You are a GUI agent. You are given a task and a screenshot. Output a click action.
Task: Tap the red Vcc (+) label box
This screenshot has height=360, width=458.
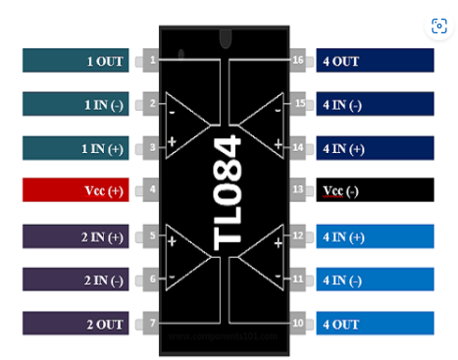click(82, 189)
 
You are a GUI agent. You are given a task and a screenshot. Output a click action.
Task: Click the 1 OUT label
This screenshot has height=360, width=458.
click(82, 61)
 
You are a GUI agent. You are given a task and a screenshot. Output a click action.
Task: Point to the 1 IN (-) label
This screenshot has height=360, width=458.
click(82, 104)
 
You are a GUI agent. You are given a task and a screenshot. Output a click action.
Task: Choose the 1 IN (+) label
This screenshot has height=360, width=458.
click(82, 147)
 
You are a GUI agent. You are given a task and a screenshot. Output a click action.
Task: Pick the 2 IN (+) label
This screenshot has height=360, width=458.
click(82, 236)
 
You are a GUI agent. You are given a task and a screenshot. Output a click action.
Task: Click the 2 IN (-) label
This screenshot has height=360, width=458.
click(82, 280)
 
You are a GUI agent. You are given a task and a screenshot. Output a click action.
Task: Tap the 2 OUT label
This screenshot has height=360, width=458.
click(82, 324)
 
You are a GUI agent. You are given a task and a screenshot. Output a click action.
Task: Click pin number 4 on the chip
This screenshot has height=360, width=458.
click(152, 189)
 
